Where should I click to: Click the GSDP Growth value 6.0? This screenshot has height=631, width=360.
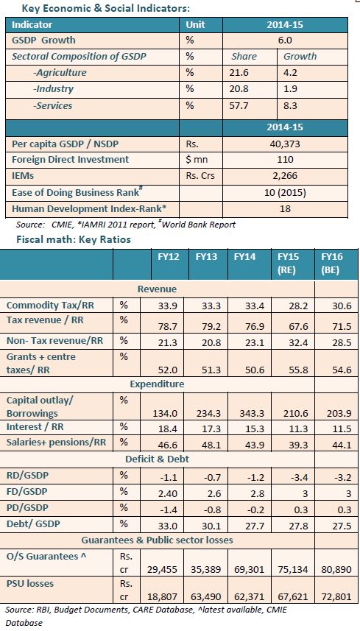coord(285,40)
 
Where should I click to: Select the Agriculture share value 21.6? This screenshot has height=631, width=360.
coord(239,73)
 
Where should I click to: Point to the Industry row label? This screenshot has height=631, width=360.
coord(54,89)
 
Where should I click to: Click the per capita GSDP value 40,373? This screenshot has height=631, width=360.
coord(285,144)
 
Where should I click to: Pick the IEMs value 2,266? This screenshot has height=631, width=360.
coord(285,176)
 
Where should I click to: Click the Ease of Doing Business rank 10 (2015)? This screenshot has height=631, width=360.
coord(285,192)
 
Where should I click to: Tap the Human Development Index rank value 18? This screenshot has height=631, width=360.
coord(285,208)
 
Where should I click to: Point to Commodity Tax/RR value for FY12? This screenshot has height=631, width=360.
coord(170,306)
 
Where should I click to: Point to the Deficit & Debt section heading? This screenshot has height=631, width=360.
coord(157,459)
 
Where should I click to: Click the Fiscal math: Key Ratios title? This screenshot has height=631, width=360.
coord(74,239)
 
